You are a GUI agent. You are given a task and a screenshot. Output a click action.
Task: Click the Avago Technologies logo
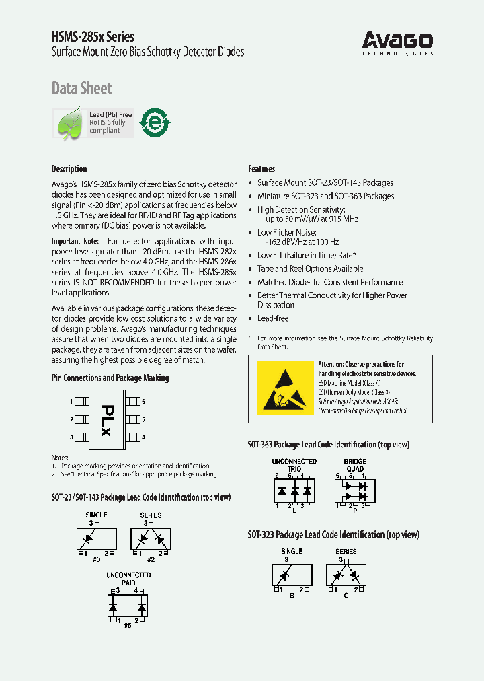[398, 42]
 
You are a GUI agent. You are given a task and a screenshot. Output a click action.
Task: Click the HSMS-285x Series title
[93, 36]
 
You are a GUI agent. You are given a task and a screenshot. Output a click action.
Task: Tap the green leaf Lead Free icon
[69, 124]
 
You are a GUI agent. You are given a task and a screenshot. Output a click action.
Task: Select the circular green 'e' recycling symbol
[155, 123]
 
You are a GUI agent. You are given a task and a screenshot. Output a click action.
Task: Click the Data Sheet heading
[82, 88]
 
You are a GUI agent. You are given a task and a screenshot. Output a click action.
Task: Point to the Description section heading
[69, 168]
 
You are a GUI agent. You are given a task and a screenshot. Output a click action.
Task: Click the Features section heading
[261, 168]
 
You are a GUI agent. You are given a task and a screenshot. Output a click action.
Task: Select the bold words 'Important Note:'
[75, 241]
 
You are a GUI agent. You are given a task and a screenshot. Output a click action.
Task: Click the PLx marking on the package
[106, 419]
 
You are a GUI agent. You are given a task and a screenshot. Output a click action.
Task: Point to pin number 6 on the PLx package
[143, 401]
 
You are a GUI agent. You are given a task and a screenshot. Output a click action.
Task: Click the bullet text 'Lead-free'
[273, 318]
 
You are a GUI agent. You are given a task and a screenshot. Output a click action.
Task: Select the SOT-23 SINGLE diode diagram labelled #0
[96, 538]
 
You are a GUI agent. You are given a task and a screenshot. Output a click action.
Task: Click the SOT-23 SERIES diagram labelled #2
[151, 538]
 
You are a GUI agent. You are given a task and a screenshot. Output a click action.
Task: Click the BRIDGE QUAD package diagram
[354, 488]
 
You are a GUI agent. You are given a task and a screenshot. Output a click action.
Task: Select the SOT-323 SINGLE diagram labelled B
[292, 576]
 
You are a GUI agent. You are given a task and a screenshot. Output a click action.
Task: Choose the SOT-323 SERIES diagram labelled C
[346, 576]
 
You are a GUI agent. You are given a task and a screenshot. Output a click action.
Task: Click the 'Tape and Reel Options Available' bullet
[310, 268]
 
